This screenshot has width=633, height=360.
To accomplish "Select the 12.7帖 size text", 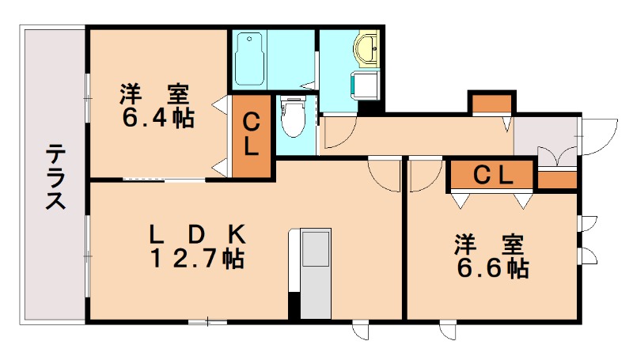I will click(x=198, y=258).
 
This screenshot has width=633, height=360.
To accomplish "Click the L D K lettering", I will click(x=198, y=233).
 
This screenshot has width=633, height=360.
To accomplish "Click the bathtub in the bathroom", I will click(x=250, y=59).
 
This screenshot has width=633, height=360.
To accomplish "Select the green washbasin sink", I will click(x=368, y=50).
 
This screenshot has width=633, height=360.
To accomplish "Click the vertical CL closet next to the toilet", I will click(x=251, y=135).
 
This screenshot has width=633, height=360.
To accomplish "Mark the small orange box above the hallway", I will click(x=492, y=103).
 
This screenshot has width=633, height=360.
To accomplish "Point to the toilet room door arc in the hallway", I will click(x=335, y=135).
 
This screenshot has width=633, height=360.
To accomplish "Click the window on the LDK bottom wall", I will click(x=207, y=321).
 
